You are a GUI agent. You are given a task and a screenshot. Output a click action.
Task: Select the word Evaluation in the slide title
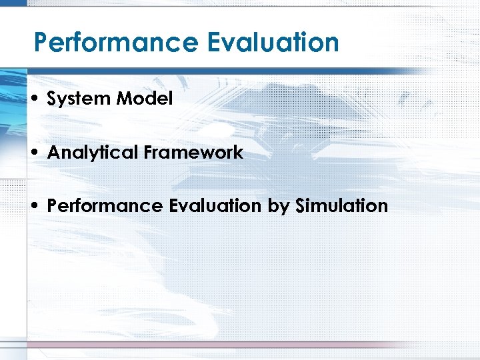(x=273, y=43)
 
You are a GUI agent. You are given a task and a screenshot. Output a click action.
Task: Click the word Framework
(x=193, y=153)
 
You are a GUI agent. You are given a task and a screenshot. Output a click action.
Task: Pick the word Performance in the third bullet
(x=104, y=206)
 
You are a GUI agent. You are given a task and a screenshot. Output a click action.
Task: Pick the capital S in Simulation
(x=301, y=206)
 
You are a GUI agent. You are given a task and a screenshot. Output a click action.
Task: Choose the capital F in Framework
(x=147, y=153)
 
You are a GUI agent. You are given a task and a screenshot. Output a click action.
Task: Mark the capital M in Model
(x=123, y=99)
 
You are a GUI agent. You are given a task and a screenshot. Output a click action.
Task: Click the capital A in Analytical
(x=53, y=153)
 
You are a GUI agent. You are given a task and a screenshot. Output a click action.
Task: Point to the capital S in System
(x=52, y=99)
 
